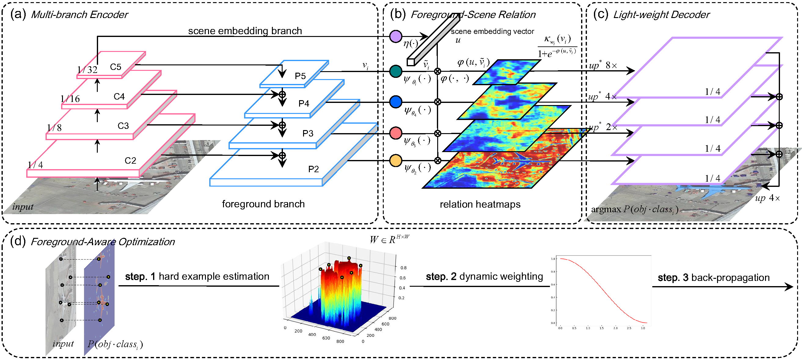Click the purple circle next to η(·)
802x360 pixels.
395,36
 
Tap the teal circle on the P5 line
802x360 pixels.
395,71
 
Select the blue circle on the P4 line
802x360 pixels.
395,102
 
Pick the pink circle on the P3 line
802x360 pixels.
395,133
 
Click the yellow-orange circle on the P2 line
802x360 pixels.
395,161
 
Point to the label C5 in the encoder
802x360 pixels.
115,67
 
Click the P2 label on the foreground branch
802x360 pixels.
313,169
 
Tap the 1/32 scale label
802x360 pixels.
87,70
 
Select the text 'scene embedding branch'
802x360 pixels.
245,31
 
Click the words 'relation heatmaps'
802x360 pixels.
480,204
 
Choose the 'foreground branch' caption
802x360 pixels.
263,204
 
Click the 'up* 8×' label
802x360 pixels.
602,65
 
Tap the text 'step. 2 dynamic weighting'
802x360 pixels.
484,276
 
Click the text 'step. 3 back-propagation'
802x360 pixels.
713,277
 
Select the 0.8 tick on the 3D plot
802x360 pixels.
403,267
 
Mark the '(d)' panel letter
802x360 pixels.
18,241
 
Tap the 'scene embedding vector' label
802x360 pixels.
492,31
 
